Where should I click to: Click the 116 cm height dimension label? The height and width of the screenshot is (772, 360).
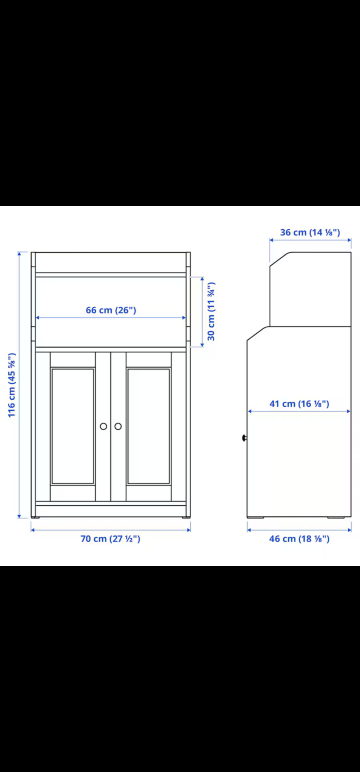tap(11, 385)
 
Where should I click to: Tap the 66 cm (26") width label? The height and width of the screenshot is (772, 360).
tap(111, 310)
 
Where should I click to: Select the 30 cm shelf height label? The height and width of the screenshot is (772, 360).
tap(211, 312)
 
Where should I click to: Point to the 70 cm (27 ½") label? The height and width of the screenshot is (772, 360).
tap(110, 539)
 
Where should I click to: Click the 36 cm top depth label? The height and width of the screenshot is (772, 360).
tap(310, 232)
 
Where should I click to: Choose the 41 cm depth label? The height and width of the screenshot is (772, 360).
tap(299, 404)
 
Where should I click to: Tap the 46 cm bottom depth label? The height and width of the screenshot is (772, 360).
tap(299, 539)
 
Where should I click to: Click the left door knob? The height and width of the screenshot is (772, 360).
tap(103, 426)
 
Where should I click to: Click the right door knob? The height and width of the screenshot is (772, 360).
tap(118, 426)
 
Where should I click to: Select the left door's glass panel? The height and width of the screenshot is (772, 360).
tap(73, 426)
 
